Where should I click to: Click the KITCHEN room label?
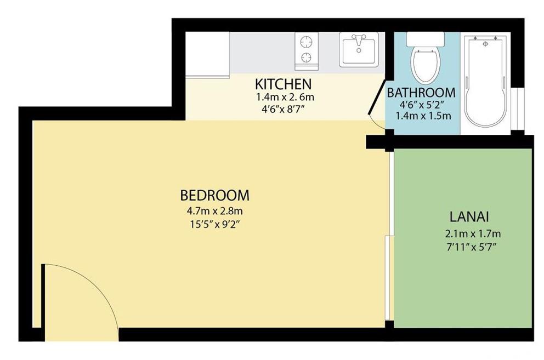[x=283, y=84]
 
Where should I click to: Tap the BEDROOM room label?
[x=215, y=195]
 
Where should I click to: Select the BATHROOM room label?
[x=421, y=93]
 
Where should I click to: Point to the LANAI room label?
[x=469, y=217]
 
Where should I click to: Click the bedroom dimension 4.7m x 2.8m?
[x=215, y=210]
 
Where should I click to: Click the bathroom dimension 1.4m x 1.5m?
[x=423, y=116]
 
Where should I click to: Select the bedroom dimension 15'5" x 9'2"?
[x=215, y=225]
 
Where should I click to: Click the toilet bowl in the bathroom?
[x=426, y=66]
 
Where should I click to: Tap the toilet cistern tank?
[x=426, y=39]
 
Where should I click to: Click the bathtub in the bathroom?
[x=485, y=82]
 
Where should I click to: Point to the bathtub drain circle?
[x=485, y=44]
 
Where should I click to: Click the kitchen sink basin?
[x=359, y=50]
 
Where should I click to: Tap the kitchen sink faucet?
[x=359, y=39]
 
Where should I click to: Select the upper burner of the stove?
[x=307, y=42]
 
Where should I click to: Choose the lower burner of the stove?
[x=307, y=57]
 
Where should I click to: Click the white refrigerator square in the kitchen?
[x=207, y=54]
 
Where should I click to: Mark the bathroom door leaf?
[x=377, y=97]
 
